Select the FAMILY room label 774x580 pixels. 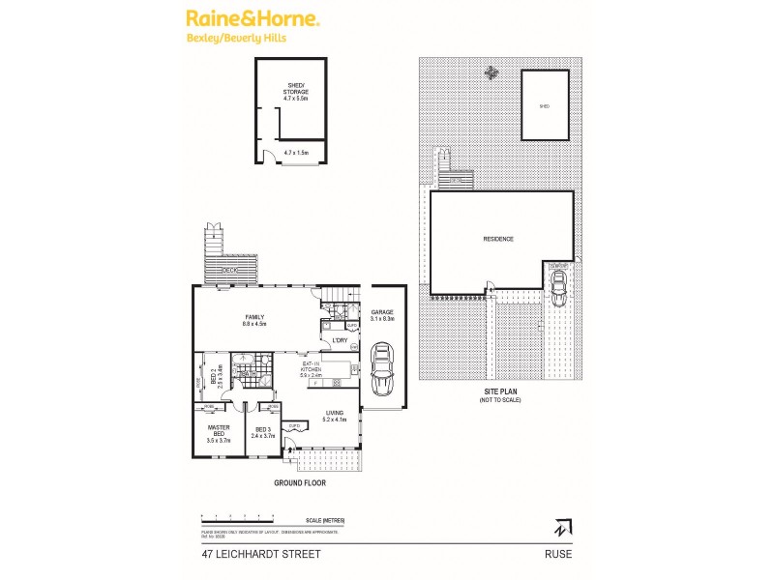(x=254, y=320)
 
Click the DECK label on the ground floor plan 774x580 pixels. (x=228, y=270)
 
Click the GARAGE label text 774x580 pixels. (x=382, y=312)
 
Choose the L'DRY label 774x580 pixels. (x=340, y=340)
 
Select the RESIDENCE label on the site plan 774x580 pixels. (x=498, y=239)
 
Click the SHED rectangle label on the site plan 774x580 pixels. (x=545, y=106)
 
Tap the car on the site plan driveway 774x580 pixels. (x=558, y=286)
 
